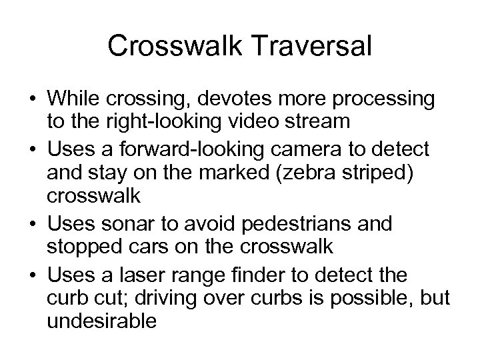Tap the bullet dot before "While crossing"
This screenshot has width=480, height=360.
(31, 100)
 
